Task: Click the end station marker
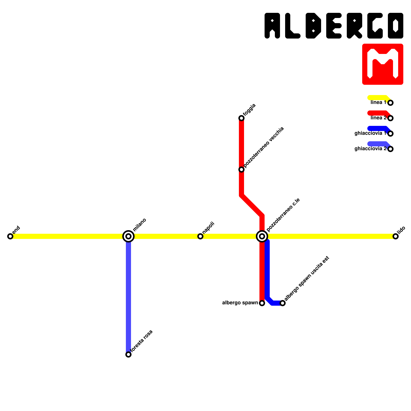pos(10,236)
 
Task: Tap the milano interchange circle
pos(128,236)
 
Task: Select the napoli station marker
pos(200,236)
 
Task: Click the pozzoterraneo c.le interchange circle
pos(262,236)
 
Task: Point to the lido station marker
pos(396,236)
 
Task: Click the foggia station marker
pos(241,118)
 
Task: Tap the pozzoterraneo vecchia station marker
pos(241,170)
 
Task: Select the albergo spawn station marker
pos(262,303)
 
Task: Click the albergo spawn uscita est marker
pos(283,303)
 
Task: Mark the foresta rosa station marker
pos(128,354)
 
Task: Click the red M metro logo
pos(383,64)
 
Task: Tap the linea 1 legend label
pos(378,102)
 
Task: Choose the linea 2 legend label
pos(378,118)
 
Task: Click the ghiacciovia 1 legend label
pos(370,133)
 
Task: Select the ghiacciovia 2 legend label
pos(370,149)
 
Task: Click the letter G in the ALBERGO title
pos(375,26)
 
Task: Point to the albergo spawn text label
pos(240,303)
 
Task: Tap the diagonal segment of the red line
pos(252,206)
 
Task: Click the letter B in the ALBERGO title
pos(313,26)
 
